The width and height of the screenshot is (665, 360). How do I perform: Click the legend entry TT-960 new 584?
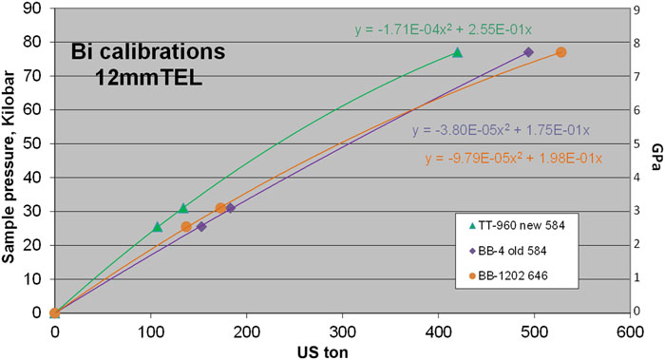pyautogui.click(x=521, y=225)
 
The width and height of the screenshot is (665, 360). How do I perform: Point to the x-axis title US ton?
pyautogui.click(x=342, y=351)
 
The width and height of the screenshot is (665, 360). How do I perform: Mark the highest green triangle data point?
pyautogui.click(x=457, y=53)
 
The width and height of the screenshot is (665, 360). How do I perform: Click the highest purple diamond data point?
pyautogui.click(x=528, y=52)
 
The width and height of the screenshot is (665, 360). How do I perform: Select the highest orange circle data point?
pyautogui.click(x=560, y=52)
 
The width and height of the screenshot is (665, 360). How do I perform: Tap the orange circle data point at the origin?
pyautogui.click(x=55, y=313)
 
